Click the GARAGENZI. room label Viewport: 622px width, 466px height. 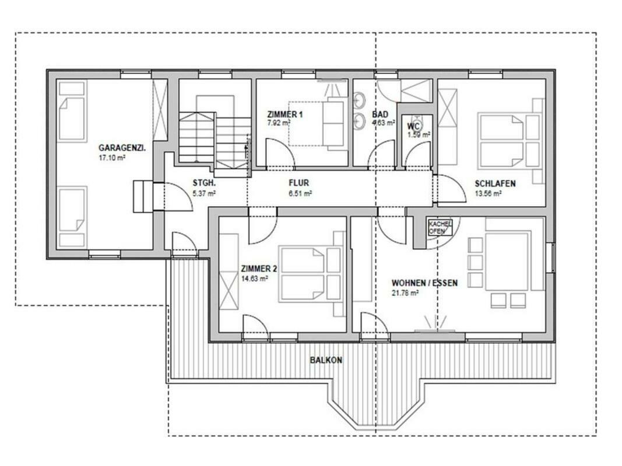point(122,148)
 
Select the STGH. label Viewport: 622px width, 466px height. point(204,183)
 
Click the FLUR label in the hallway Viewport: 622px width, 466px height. point(298,183)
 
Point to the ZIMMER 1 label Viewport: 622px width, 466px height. point(285,115)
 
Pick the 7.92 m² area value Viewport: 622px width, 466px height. point(279,123)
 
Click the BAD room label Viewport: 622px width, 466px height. point(380,115)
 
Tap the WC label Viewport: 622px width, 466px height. point(413,126)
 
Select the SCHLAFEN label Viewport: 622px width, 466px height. point(495,183)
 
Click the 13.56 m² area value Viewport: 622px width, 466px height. point(488,193)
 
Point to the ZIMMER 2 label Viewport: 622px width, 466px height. point(259,269)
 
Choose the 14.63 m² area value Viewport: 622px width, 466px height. point(255,278)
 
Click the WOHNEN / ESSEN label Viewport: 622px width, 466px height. point(424,283)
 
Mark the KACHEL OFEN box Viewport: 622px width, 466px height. point(440,227)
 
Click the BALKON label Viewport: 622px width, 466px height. point(326,360)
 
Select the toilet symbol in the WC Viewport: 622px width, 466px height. point(417,119)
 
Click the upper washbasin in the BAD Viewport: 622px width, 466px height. point(360,100)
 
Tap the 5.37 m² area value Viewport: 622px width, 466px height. point(204,193)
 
